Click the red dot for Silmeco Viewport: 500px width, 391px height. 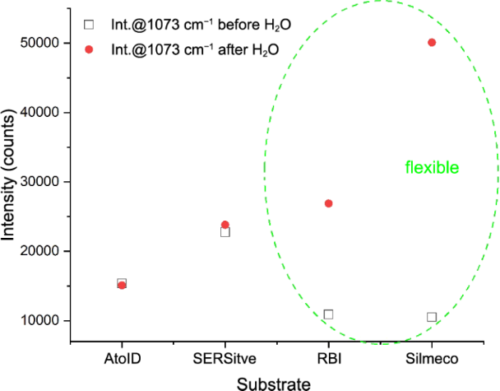coord(432,42)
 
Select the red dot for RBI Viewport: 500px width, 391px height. coord(328,203)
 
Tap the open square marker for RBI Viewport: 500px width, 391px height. coord(328,314)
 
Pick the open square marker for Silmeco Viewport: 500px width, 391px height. coord(432,317)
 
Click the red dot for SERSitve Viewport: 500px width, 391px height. coord(225,225)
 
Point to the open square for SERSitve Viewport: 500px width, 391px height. coord(225,232)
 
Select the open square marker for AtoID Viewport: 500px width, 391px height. coord(122,282)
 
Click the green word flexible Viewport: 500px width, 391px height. coord(432,168)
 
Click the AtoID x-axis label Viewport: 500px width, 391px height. coord(122,358)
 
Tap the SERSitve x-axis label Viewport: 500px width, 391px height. coord(225,358)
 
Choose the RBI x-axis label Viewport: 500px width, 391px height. coord(328,358)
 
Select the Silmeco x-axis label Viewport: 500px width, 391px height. coord(432,358)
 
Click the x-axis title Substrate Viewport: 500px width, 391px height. coord(274,383)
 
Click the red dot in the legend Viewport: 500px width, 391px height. coord(90,49)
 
